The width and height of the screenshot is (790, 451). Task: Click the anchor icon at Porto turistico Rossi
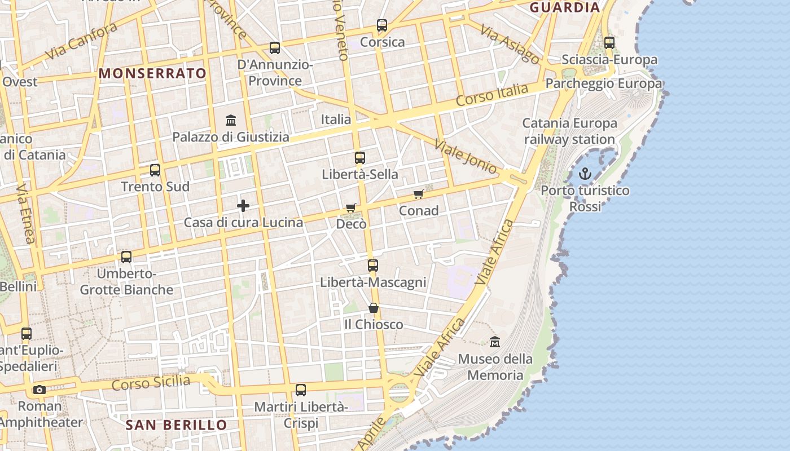(585, 174)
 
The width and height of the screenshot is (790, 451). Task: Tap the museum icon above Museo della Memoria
(495, 342)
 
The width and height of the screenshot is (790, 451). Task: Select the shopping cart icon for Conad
(418, 194)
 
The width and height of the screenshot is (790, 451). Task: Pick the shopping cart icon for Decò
(351, 207)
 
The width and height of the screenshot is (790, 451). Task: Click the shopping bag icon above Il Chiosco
(373, 308)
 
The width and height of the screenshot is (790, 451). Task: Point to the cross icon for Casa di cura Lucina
(243, 206)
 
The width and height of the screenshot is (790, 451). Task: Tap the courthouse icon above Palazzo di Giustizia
(231, 120)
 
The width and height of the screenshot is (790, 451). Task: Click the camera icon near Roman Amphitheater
(39, 390)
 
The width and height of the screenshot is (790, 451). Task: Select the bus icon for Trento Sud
(155, 170)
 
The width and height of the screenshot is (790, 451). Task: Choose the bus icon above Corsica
(382, 25)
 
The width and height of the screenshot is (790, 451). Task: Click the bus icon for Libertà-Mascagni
(372, 265)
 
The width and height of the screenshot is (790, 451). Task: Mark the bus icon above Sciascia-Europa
(609, 42)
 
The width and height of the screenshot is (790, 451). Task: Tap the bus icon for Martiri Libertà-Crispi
(301, 390)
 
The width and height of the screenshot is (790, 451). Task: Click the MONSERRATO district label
(153, 73)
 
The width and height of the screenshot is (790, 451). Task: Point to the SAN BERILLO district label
(176, 425)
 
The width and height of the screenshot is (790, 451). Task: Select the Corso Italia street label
(492, 95)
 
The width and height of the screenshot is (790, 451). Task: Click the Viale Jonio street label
(466, 156)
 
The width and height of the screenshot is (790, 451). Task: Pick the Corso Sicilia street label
(151, 383)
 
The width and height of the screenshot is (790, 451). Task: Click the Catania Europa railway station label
(569, 131)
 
